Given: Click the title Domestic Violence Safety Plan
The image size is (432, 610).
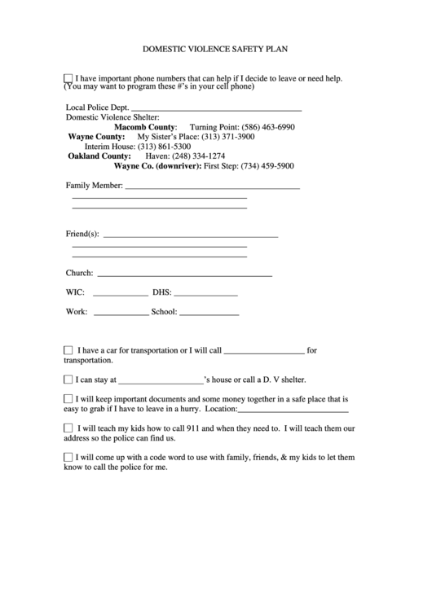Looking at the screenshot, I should point(216,49).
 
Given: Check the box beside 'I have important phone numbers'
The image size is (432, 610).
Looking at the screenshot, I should point(68,78).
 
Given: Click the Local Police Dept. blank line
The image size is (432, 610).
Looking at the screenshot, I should point(216,108).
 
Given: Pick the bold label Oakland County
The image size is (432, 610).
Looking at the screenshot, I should point(99,156).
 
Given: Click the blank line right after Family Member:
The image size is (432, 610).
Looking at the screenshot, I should point(212,187).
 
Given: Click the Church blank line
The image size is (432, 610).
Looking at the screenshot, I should point(184,274).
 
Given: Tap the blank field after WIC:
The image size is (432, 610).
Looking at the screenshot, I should point(121,292).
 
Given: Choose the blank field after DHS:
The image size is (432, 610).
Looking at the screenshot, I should point(205,292).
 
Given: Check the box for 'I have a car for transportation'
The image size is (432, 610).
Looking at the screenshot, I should point(68,350).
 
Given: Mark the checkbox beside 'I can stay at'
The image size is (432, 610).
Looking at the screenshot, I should point(68,379).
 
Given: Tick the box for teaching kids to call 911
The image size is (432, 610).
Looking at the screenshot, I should point(68,428).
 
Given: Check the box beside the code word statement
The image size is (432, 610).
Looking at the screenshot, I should point(68,458).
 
